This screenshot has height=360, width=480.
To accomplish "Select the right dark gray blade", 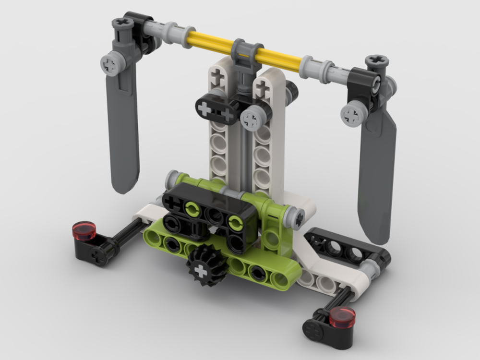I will (x=379, y=182).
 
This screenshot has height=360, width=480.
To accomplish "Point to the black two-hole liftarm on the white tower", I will (x=216, y=109).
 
